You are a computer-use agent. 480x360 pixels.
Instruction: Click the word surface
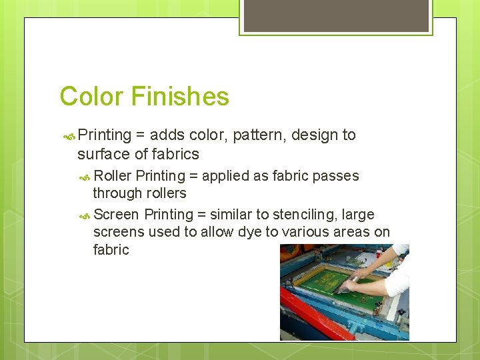103,154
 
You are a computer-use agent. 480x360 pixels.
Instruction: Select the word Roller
113,176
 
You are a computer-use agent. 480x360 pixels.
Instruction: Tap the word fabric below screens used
111,250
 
